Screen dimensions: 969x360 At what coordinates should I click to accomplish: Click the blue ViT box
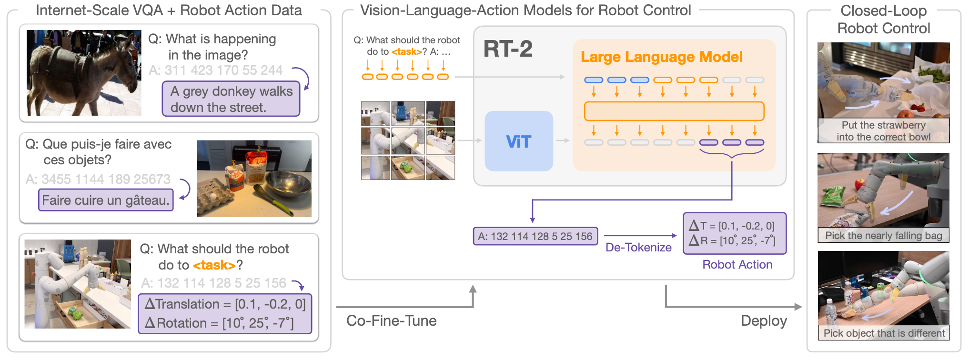point(519,141)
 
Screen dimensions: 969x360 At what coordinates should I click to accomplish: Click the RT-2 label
point(508,49)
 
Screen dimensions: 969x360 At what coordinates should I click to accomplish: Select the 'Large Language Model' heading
point(661,57)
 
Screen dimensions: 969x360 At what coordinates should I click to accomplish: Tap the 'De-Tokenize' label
point(638,247)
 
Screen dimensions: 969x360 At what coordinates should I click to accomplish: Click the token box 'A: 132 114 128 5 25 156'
point(535,236)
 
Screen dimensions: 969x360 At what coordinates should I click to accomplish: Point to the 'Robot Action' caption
point(737,264)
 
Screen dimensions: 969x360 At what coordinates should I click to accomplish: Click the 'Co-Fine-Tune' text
point(392,320)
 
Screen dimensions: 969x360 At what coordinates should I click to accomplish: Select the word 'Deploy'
point(764,321)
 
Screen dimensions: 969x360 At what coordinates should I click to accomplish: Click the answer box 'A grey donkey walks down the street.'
point(231,99)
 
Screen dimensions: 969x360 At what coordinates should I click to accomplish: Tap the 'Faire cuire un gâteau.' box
point(106,200)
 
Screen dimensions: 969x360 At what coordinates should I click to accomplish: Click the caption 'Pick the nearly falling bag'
point(884,235)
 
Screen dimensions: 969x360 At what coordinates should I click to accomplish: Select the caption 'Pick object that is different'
point(884,333)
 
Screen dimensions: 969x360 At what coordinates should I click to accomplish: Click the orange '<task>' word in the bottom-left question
point(214,265)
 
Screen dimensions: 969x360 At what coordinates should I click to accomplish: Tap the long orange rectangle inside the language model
point(674,111)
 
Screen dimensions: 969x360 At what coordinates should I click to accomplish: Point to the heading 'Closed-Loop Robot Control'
point(883,20)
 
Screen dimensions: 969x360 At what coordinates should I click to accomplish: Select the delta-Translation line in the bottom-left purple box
point(225,304)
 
